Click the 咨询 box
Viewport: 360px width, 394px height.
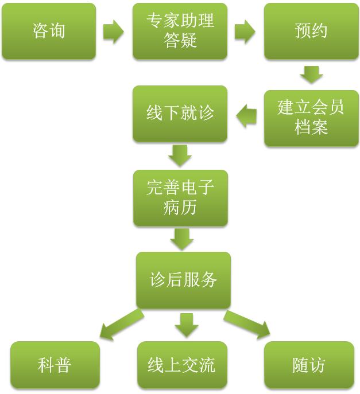pos(49,31)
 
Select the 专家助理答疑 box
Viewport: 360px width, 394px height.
pos(180,31)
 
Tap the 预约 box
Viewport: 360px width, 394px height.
pos(311,31)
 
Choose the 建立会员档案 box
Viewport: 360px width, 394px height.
pos(311,118)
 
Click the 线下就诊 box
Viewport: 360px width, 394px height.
pos(180,113)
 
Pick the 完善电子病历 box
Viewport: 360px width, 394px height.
pos(180,197)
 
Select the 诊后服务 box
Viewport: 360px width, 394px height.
pos(183,280)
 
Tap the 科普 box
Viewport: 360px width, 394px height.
pos(55,365)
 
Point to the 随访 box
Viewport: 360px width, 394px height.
pos(309,365)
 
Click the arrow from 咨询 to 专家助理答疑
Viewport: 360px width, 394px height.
pos(114,32)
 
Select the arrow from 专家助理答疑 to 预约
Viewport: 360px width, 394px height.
pos(245,32)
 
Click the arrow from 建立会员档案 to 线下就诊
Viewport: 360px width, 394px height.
pos(246,116)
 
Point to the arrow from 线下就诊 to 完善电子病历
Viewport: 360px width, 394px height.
pos(180,155)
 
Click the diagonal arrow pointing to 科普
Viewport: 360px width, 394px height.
pos(121,325)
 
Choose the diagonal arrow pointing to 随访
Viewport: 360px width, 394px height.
pos(247,323)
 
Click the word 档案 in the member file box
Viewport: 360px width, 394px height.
pos(311,127)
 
